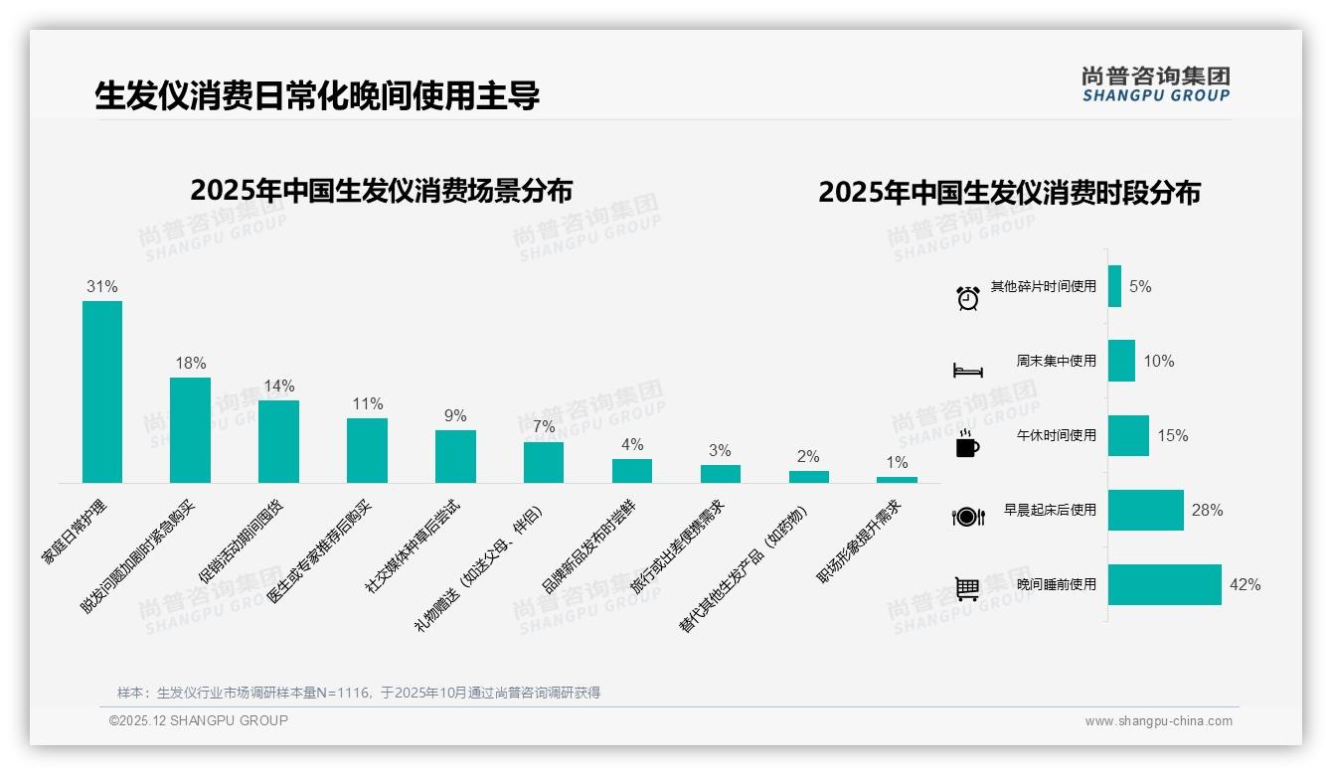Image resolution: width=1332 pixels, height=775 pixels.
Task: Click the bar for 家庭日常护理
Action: point(102,391)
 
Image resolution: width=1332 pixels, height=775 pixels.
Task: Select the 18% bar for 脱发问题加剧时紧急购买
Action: point(190,430)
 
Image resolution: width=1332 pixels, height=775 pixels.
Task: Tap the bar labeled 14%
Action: point(278,441)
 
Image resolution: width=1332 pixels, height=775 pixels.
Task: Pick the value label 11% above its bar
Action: point(367,404)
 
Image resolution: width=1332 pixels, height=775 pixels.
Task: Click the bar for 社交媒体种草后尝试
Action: point(455,456)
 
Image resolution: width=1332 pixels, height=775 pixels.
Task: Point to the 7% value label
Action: point(544,427)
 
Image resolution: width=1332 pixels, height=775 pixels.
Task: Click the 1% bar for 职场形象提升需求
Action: point(897,480)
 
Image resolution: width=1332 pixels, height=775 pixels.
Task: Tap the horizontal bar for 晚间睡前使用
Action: point(1164,584)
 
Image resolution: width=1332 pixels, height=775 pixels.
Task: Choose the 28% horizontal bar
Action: point(1145,510)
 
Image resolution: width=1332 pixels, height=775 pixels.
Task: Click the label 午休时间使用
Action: point(1056,435)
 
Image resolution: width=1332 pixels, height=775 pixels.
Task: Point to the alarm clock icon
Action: point(967,297)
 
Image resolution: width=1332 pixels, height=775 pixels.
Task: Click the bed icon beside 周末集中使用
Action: point(967,371)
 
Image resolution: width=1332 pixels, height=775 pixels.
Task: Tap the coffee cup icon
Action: point(967,445)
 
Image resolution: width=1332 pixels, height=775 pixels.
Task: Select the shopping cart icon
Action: point(967,588)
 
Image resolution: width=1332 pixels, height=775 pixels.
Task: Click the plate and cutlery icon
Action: point(967,516)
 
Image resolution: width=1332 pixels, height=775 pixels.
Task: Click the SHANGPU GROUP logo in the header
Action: point(1155,84)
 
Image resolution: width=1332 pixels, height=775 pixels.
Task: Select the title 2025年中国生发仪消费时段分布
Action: point(1009,192)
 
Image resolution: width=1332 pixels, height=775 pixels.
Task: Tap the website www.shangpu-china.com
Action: point(1158,721)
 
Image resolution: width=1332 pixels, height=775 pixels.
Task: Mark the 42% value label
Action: point(1245,584)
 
